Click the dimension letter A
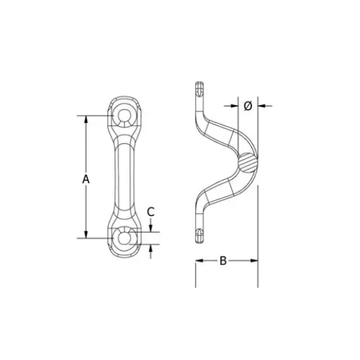point(86,179)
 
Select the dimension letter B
point(223,261)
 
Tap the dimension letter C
point(151,212)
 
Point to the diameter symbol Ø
point(248,106)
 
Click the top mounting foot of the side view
point(199,92)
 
